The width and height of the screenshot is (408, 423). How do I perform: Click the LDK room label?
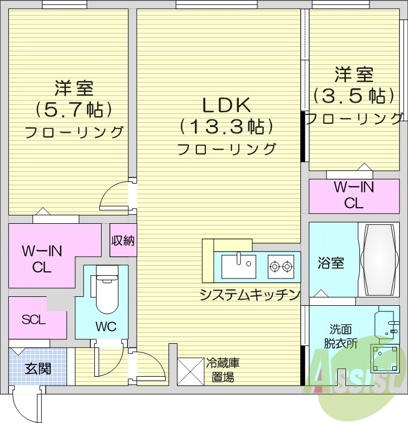[x=226, y=105]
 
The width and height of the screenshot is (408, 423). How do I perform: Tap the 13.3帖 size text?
[x=226, y=127]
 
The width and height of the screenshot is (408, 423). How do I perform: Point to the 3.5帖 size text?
[x=354, y=95]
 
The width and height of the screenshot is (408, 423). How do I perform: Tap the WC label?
[x=105, y=326]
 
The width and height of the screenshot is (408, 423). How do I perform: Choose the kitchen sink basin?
[x=238, y=266]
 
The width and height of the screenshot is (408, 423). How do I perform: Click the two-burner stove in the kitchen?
[x=281, y=266]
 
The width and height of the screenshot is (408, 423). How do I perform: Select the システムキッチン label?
[x=251, y=295]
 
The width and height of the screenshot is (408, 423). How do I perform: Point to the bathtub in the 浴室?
[x=379, y=259]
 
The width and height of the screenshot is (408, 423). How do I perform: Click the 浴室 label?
[x=330, y=263]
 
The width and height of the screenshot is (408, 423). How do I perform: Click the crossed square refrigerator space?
[x=191, y=369]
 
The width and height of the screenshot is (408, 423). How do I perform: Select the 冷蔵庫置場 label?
[x=223, y=370]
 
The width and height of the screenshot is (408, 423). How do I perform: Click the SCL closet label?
[x=33, y=320]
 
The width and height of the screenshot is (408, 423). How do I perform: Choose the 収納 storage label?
[x=123, y=241]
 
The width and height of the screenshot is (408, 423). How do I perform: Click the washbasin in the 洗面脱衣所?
[x=389, y=323]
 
